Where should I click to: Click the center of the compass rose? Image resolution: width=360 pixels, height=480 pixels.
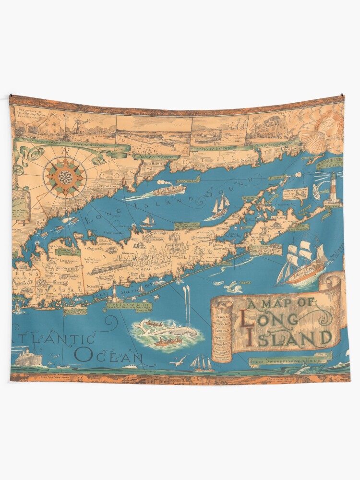(x=66, y=178)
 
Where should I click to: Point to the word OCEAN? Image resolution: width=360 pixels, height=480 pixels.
(x=108, y=356)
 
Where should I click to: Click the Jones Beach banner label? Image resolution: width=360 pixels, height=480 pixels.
(x=150, y=156)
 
